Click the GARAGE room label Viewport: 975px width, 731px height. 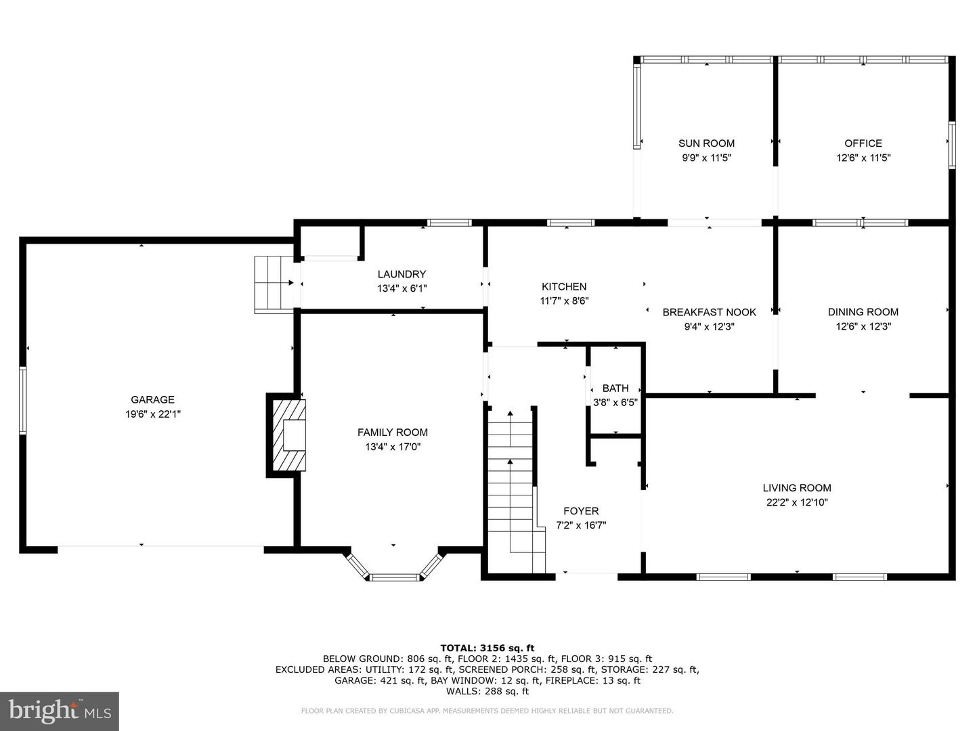pos(152,399)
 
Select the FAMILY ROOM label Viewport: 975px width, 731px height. pos(392,432)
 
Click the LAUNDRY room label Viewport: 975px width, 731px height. pos(402,274)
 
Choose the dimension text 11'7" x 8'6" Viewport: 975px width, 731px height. pos(564,301)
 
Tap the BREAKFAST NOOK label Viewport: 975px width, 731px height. pos(709,312)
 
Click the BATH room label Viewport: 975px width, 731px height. pos(615,388)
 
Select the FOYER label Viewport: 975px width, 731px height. pos(581,511)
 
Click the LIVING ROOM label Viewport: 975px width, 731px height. pos(796,487)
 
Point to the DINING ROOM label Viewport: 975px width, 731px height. pos(863,312)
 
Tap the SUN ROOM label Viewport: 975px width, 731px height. pos(706,143)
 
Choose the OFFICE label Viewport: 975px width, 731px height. pos(863,143)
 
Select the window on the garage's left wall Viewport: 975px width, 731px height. pos(23,399)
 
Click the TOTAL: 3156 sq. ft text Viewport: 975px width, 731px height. pos(487,648)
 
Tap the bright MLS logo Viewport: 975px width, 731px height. pos(60,711)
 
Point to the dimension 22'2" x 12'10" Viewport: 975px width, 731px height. pos(796,502)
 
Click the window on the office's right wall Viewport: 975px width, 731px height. pos(951,143)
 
